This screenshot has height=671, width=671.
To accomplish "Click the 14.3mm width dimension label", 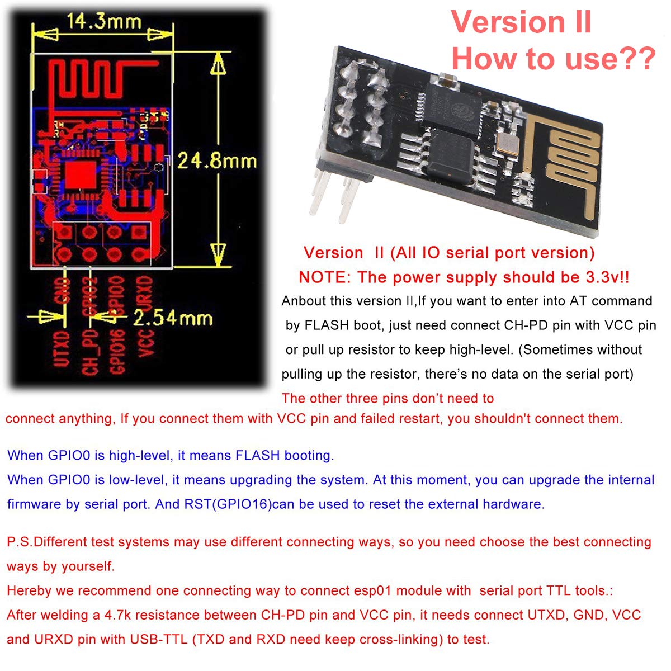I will click(x=104, y=22).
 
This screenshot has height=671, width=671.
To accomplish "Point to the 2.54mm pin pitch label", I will click(x=173, y=319).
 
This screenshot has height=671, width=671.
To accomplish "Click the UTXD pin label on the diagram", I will click(x=63, y=349).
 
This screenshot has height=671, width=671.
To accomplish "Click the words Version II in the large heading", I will click(x=521, y=22).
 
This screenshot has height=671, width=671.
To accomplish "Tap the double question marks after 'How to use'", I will click(x=634, y=58).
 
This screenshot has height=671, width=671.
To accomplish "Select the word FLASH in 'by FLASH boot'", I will click(x=328, y=325).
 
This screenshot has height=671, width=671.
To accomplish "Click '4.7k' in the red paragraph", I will click(x=117, y=615).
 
